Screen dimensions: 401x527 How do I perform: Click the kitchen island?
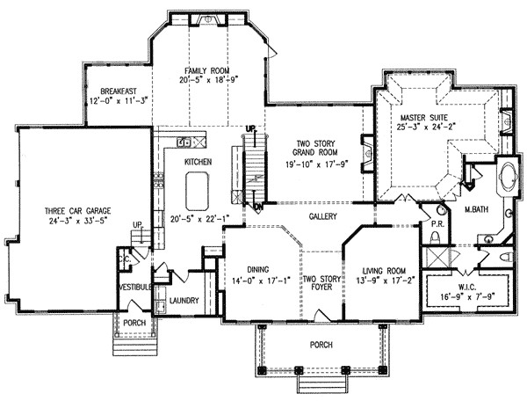click(196, 187)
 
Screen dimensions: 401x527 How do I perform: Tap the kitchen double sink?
click(184, 142)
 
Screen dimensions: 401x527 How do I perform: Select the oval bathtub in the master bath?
click(508, 179)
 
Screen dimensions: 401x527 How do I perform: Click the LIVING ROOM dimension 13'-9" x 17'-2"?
click(381, 281)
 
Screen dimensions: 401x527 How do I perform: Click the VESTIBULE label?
click(136, 287)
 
